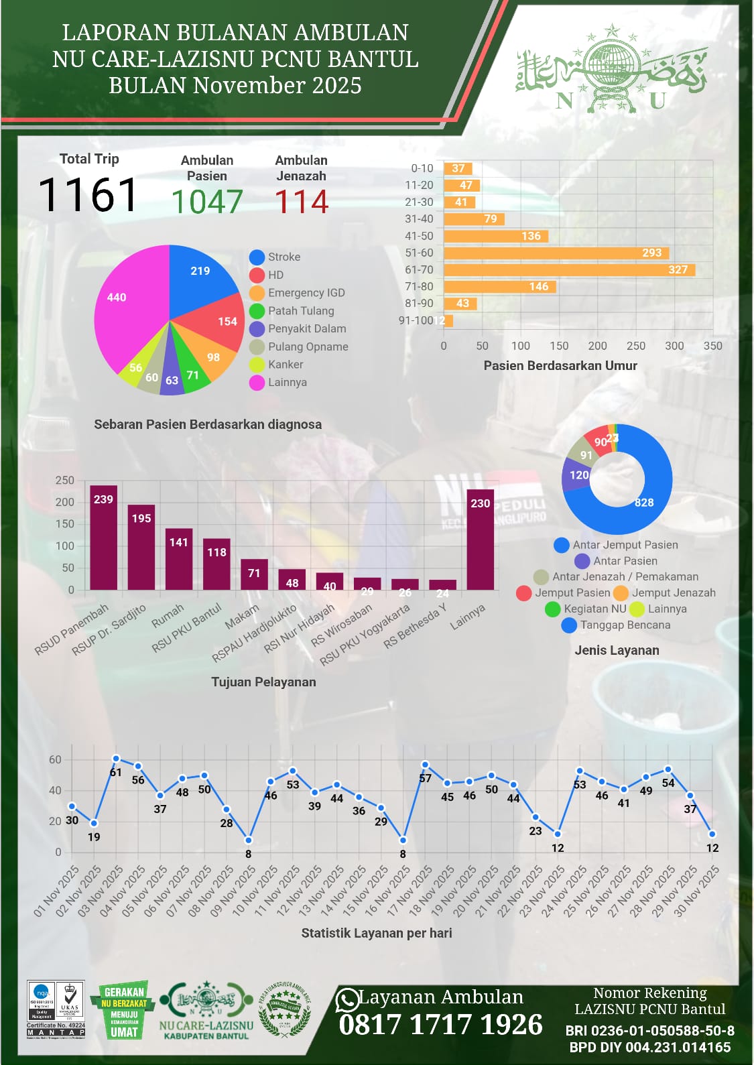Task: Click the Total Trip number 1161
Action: [88, 195]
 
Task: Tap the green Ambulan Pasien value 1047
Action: [206, 202]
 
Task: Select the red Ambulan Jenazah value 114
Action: [302, 202]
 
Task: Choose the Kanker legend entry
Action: [285, 365]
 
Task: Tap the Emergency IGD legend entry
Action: [306, 293]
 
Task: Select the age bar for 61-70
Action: [569, 269]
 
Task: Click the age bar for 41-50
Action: [496, 236]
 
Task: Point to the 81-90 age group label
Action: [419, 303]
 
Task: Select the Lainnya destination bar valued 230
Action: [480, 540]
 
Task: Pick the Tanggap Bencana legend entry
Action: [624, 625]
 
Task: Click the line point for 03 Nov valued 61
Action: [116, 759]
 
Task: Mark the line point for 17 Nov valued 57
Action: [425, 765]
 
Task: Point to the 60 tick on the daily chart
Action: [55, 759]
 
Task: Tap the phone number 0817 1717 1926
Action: [440, 1024]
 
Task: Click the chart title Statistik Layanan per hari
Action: [376, 933]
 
